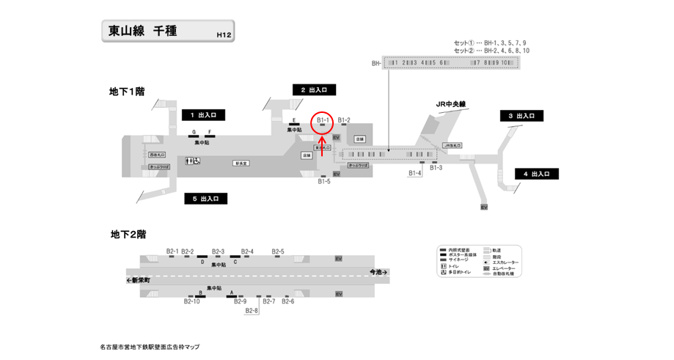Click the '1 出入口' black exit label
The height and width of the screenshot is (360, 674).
(203, 115)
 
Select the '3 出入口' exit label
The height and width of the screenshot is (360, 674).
(521, 116)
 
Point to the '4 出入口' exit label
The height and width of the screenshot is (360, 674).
(537, 174)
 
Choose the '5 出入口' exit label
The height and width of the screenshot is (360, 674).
(205, 199)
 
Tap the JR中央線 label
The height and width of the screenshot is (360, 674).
(451, 104)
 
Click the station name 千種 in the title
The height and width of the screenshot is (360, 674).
(165, 32)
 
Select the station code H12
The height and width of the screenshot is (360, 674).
(224, 34)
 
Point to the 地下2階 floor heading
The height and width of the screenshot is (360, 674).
(128, 235)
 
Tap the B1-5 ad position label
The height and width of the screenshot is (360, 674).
(324, 181)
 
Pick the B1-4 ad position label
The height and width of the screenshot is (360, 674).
(415, 174)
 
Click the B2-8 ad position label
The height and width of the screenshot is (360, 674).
(252, 311)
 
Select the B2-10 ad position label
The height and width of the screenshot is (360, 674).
(191, 301)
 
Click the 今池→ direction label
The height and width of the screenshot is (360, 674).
(378, 272)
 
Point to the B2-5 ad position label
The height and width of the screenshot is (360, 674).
(278, 251)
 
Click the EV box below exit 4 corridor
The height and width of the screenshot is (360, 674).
(484, 207)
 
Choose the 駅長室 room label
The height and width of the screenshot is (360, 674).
(241, 163)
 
